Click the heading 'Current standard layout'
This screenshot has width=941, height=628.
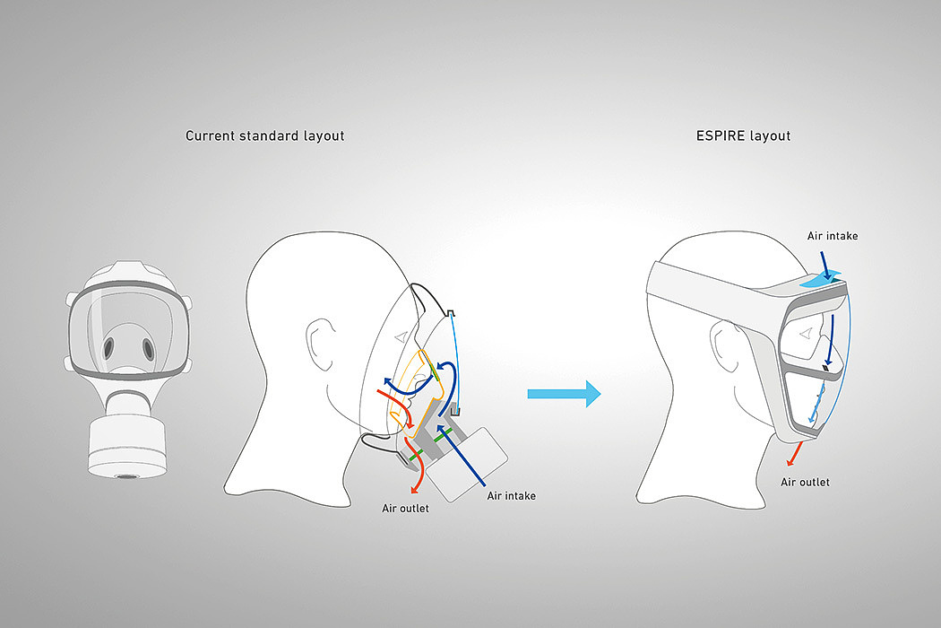point(264,136)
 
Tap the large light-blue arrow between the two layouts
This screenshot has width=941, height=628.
point(564,393)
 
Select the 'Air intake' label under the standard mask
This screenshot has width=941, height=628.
point(511,495)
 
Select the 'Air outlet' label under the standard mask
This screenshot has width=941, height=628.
point(406,509)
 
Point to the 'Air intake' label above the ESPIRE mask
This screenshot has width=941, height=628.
point(831,236)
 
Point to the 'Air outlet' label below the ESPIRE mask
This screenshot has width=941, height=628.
point(805,483)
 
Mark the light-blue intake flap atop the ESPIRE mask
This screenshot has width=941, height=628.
point(822,279)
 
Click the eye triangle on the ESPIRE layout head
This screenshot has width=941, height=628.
point(806,335)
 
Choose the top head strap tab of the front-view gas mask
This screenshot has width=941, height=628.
point(126,269)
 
